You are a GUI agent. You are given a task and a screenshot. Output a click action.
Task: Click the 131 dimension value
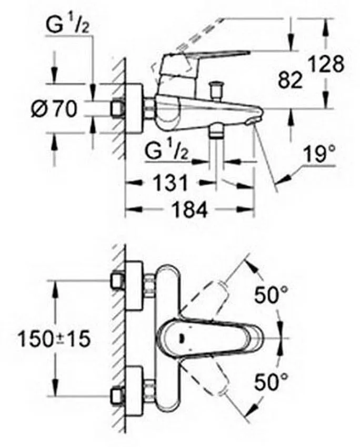(170, 184)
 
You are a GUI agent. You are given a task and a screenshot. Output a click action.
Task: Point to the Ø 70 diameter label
(55, 110)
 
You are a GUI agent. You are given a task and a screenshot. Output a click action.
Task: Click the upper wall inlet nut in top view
(119, 280)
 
